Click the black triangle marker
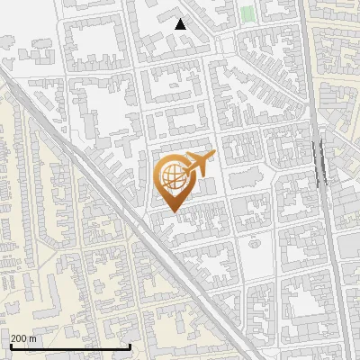180,24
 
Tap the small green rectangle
247,14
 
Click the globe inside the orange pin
172,177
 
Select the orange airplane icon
198,164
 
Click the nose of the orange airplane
213,156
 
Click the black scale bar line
69,346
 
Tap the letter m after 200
32,338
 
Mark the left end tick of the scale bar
10,346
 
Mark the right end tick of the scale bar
130,346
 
